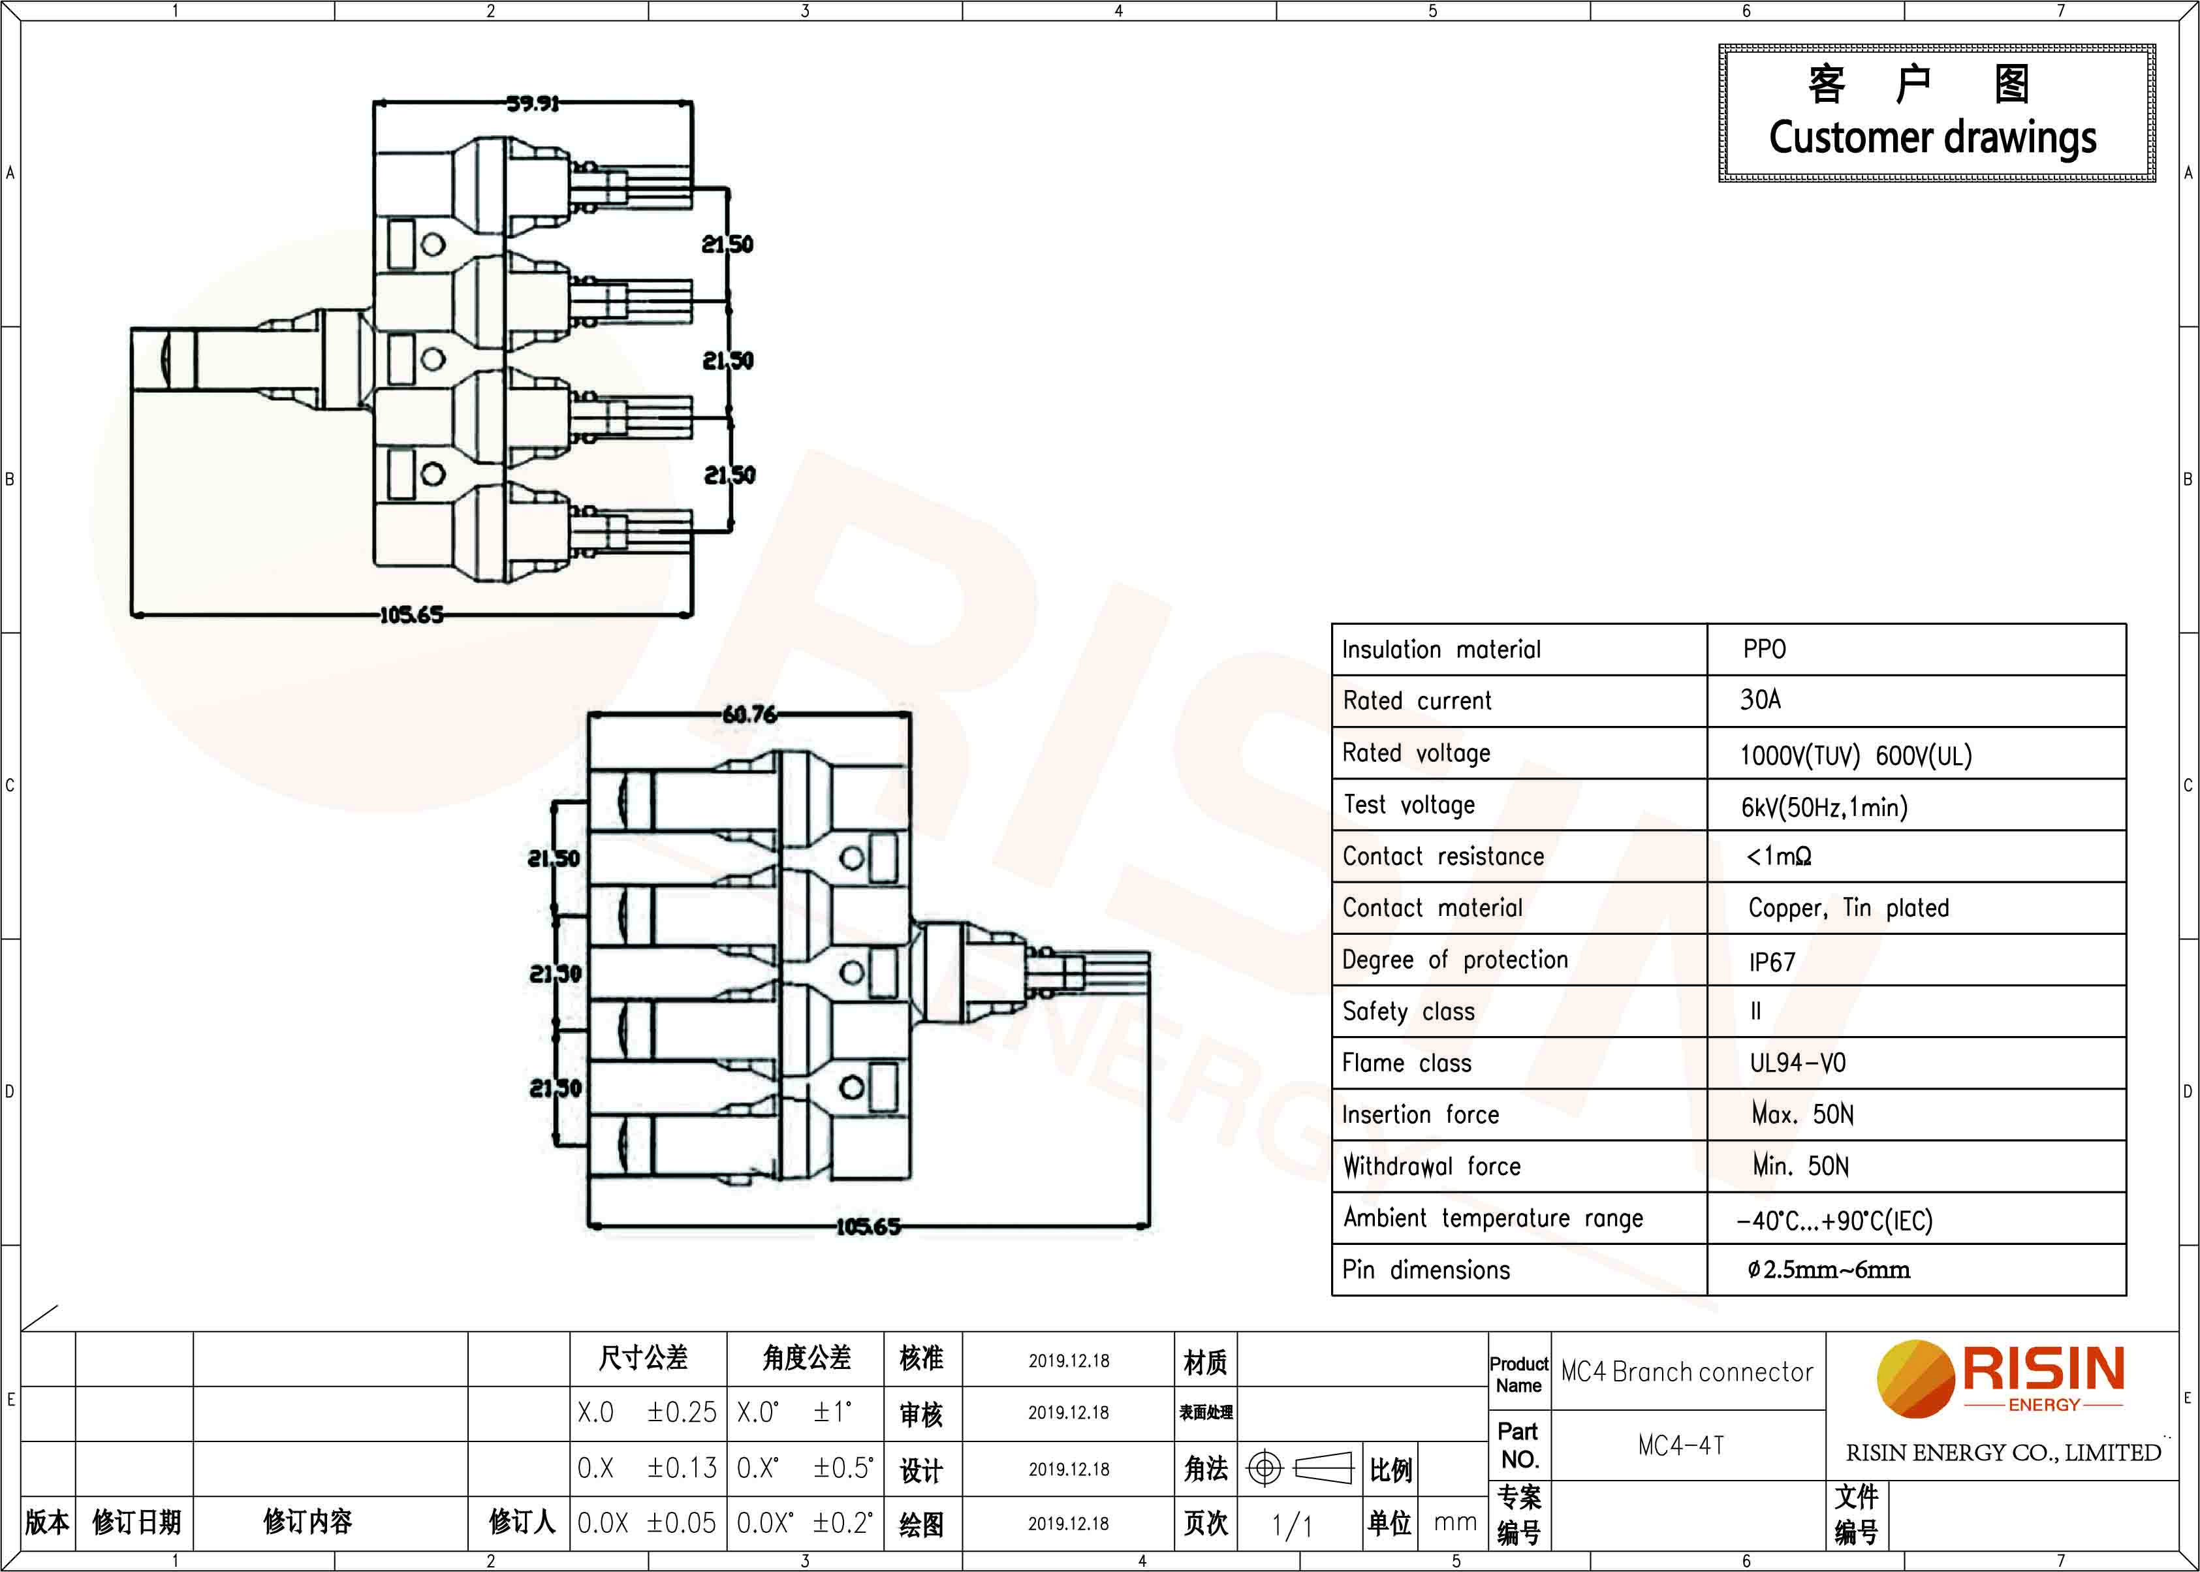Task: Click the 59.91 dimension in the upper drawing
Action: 533,102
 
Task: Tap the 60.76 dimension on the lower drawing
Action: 749,714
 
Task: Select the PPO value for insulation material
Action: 1765,648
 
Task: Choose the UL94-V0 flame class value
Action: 1797,1063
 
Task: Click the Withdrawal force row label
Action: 1432,1167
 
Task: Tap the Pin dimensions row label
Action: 1426,1270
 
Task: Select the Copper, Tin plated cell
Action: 1849,908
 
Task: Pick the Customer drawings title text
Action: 1933,138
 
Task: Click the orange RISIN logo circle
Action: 1915,1378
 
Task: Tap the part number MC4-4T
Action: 1681,1446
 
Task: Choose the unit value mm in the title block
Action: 1454,1522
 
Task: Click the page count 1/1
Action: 1292,1526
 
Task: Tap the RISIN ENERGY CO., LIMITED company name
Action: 2004,1453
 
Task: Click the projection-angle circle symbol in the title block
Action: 1264,1468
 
